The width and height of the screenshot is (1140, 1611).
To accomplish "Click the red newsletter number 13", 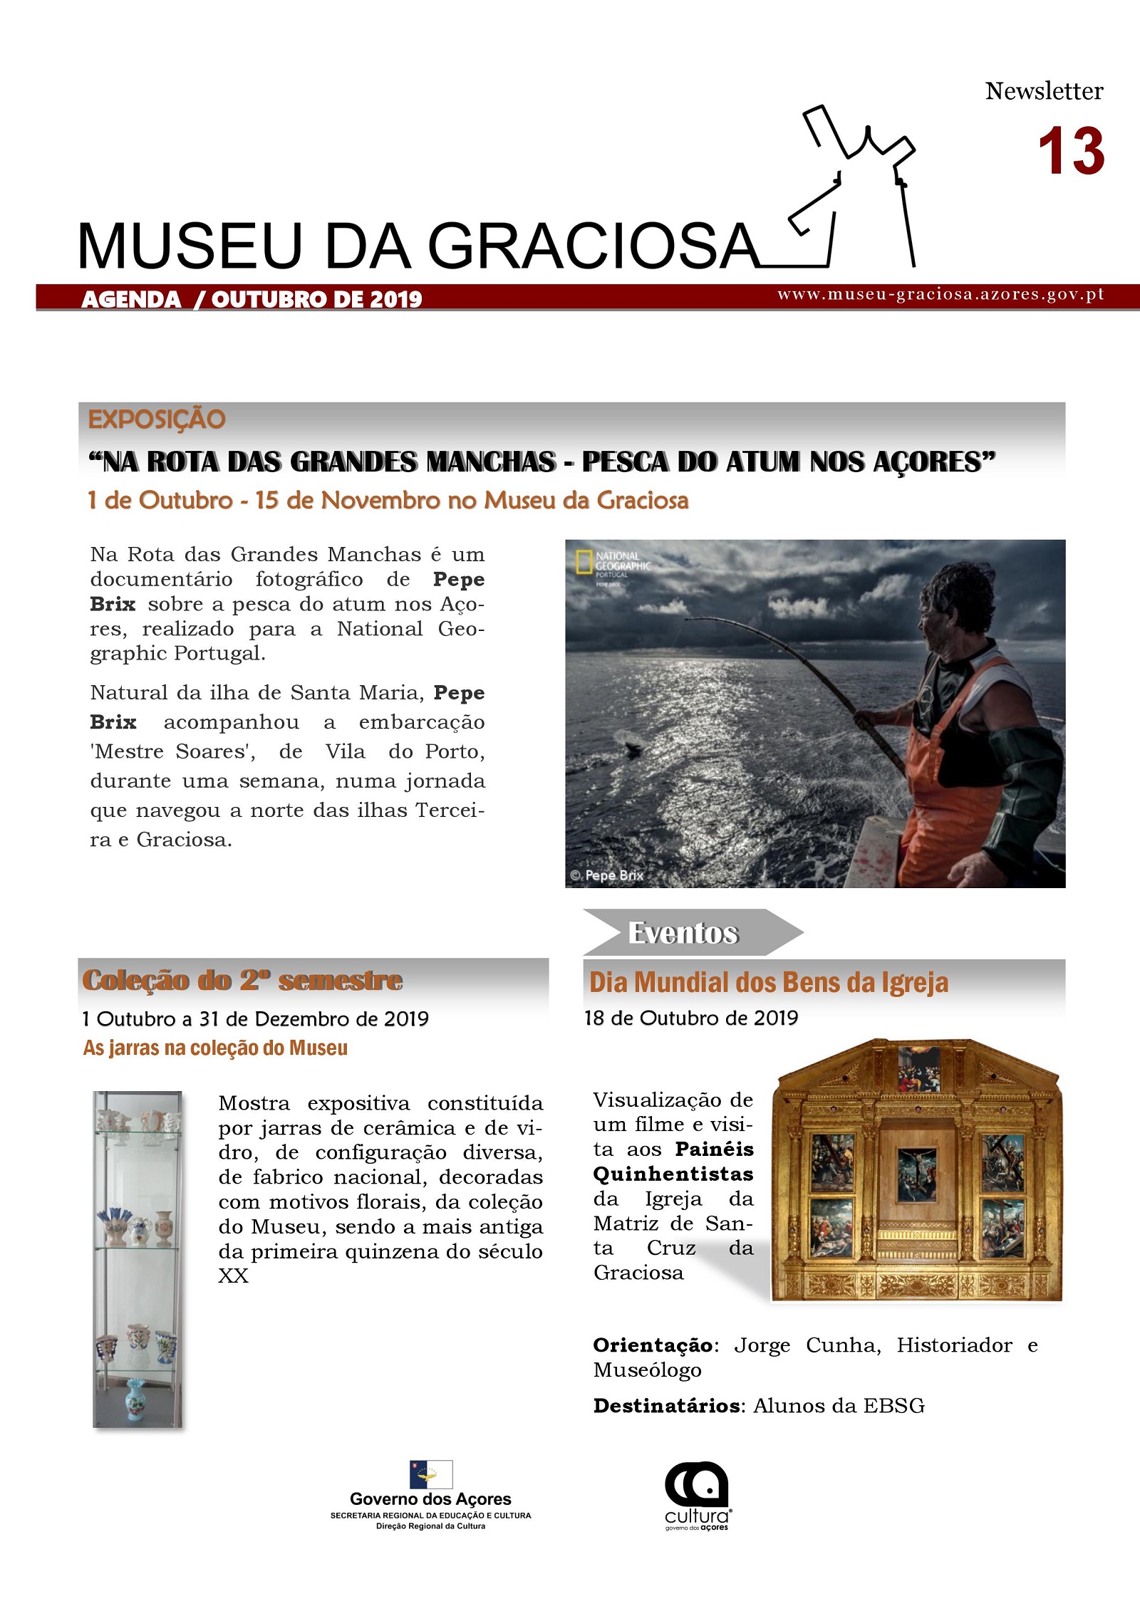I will pyautogui.click(x=1071, y=152).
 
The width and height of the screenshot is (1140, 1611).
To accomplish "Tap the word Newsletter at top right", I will pyautogui.click(x=1044, y=91).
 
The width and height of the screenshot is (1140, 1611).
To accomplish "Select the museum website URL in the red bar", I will pyautogui.click(x=940, y=295).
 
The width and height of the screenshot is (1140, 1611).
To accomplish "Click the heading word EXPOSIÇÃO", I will pyautogui.click(x=157, y=419).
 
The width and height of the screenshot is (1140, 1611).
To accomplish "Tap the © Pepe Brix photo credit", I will pyautogui.click(x=607, y=875).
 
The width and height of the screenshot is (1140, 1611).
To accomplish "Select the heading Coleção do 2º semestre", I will pyautogui.click(x=242, y=981).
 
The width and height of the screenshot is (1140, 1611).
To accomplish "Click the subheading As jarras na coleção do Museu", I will pyautogui.click(x=215, y=1048).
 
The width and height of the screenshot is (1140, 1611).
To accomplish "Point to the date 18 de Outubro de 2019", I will pyautogui.click(x=690, y=1018).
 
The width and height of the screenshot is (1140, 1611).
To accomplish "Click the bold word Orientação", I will pyautogui.click(x=653, y=1345).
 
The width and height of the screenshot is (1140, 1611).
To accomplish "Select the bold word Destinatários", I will pyautogui.click(x=667, y=1406).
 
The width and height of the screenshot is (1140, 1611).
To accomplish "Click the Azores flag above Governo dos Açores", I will pyautogui.click(x=430, y=1474).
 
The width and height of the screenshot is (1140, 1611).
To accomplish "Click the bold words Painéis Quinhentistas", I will pyautogui.click(x=674, y=1161).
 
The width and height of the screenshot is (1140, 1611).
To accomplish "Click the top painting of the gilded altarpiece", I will pyautogui.click(x=918, y=1070).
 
